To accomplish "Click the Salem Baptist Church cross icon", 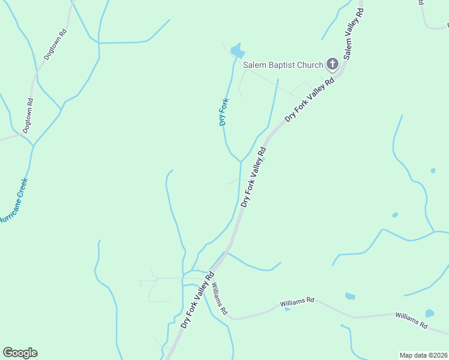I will point(332,64).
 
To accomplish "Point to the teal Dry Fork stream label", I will point(224,112).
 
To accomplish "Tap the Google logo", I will point(20,353).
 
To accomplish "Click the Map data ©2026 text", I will point(423,355).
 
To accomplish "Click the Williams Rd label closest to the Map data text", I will point(411,320).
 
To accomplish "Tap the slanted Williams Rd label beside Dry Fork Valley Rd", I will point(219,299).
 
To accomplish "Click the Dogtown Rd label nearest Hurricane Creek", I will point(28,115).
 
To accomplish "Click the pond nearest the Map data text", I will point(430,313).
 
